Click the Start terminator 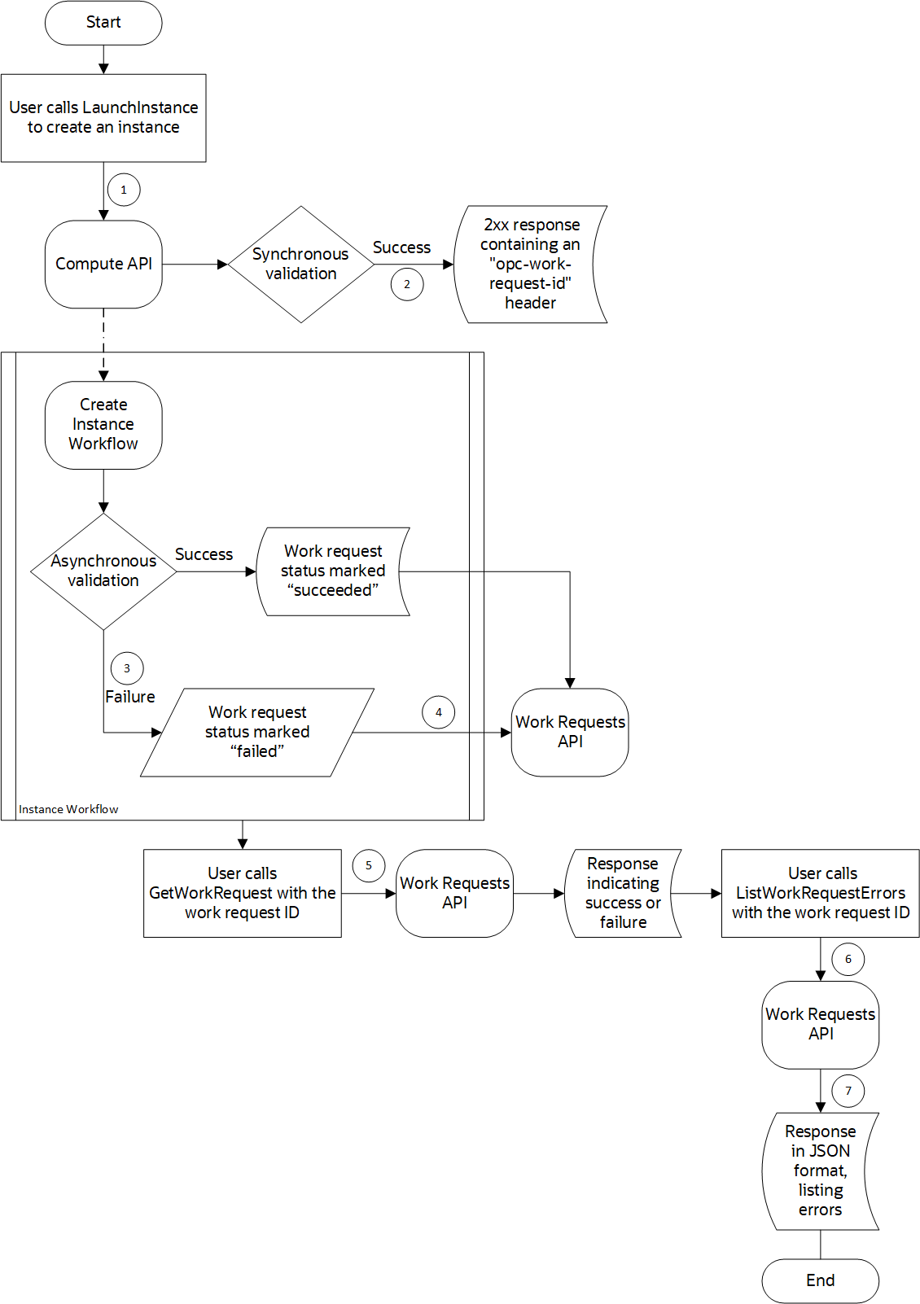[103, 23]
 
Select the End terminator [820, 1280]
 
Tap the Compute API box [103, 264]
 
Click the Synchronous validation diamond [300, 264]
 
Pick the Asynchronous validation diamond [103, 571]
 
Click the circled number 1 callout [124, 190]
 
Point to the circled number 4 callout [438, 712]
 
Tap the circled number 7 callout [848, 1091]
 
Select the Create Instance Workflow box [103, 424]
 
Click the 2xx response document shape [530, 264]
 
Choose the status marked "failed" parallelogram [257, 732]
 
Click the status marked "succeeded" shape [333, 571]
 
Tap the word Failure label [130, 697]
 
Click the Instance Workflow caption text [68, 809]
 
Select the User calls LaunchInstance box [103, 117]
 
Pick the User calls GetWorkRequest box [242, 893]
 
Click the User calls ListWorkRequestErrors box [820, 893]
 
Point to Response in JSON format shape [820, 1171]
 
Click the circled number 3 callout [127, 668]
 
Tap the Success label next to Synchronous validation [401, 247]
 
